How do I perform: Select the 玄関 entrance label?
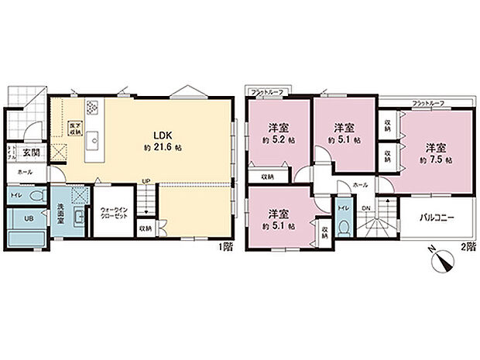(32, 151)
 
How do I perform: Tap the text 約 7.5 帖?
(436, 159)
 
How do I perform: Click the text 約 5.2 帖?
(277, 141)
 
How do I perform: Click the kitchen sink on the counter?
(92, 140)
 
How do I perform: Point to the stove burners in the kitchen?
(92, 108)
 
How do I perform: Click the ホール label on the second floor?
(360, 186)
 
